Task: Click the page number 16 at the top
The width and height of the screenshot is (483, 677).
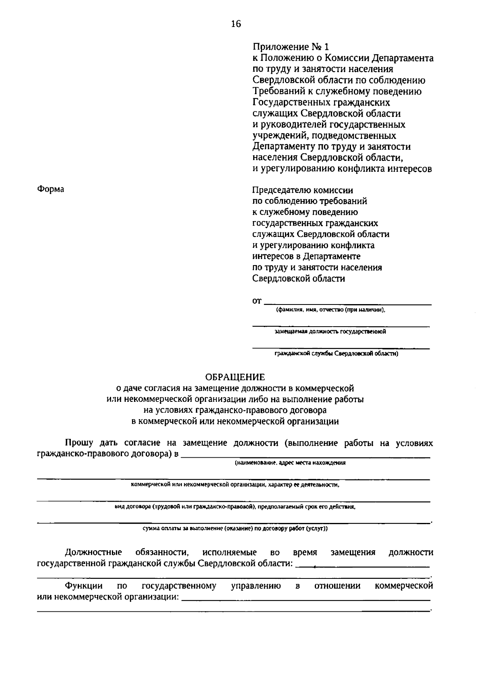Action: point(236,24)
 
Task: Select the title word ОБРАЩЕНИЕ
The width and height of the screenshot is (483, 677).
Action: point(235,377)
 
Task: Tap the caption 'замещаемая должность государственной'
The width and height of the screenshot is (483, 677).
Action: point(330,332)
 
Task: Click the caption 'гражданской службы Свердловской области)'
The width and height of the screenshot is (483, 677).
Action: point(336,354)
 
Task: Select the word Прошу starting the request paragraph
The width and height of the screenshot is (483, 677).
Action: point(79,443)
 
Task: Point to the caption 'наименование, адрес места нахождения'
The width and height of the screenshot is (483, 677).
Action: point(290,463)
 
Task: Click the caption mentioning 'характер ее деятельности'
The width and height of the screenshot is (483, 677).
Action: point(235,485)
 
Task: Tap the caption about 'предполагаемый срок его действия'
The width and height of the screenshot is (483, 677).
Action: point(235,507)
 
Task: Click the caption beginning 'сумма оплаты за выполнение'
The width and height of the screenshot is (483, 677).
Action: point(235,529)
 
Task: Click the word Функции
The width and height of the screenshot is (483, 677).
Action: point(84,586)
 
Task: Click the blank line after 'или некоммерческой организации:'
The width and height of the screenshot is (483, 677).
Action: point(306,600)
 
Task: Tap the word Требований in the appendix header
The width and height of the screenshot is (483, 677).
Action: point(278,91)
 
